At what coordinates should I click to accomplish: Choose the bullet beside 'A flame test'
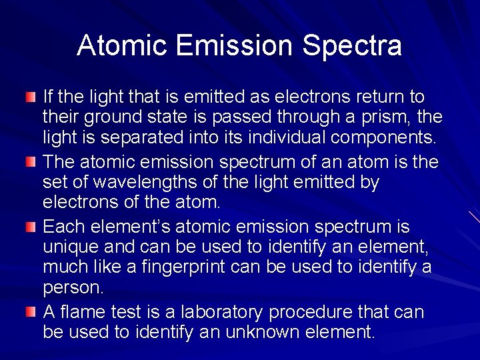coord(31,312)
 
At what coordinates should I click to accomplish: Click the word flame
coord(82,312)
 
